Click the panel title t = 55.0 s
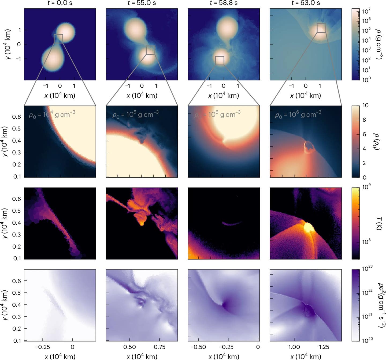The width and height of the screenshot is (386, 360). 142,3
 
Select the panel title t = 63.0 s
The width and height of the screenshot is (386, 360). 306,3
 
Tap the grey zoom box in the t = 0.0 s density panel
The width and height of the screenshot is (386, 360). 58,39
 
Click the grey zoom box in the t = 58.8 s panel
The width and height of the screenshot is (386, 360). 220,61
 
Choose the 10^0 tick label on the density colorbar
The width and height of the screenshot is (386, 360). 366,79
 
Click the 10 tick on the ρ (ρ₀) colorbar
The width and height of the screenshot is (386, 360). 365,105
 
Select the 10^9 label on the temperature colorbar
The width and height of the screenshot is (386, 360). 366,187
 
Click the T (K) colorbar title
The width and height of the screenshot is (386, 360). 379,223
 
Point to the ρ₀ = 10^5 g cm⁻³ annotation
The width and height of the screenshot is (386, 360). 135,114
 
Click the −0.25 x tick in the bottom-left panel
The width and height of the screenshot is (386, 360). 42,347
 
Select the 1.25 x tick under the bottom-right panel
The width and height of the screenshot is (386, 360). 324,347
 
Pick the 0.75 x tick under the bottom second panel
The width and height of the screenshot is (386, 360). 159,347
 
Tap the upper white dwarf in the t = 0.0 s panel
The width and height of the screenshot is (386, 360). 66,32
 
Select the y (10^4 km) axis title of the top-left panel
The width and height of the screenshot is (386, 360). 8,44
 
